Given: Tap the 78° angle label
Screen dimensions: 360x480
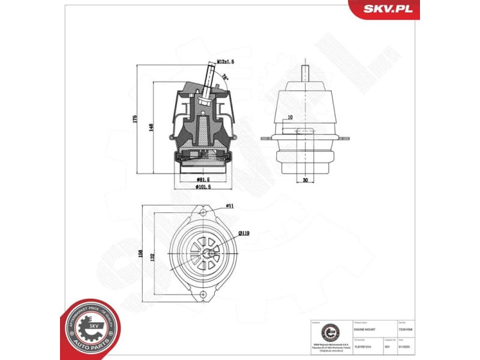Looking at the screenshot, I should point(224,77).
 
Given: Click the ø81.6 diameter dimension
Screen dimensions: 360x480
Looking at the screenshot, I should point(204,179).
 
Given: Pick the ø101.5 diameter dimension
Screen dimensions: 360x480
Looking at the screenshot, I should point(204,187).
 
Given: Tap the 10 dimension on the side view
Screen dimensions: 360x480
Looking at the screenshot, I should point(290,118).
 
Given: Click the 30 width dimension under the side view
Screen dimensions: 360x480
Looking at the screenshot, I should point(305,180).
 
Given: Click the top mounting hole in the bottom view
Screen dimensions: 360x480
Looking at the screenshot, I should point(203,214).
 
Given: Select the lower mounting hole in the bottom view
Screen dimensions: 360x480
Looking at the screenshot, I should point(203,295).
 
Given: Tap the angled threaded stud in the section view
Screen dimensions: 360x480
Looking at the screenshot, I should point(208,81).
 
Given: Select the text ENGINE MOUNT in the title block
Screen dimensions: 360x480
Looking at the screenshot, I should point(365,329).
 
